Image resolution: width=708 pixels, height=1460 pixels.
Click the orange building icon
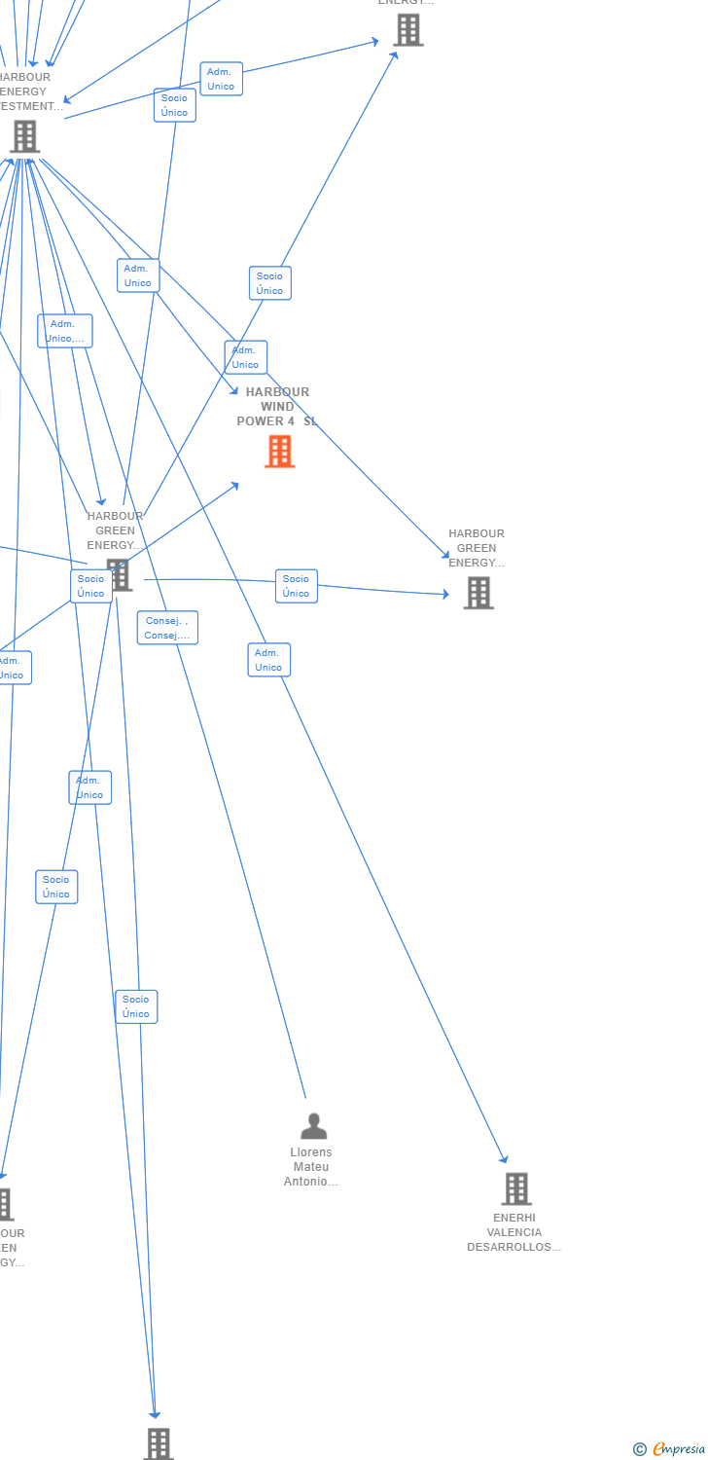tap(279, 451)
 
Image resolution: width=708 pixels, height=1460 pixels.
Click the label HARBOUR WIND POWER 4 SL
tap(277, 407)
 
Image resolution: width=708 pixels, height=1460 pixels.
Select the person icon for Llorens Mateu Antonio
tap(313, 1126)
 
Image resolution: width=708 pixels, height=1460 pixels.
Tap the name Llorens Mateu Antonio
tap(311, 1167)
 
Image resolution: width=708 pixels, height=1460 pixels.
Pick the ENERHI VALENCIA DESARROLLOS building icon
tap(515, 1188)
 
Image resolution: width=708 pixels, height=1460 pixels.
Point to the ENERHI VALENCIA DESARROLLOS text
tap(514, 1232)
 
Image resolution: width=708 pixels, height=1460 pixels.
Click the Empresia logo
tap(678, 1449)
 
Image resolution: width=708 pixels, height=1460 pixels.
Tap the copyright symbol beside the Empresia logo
tap(639, 1449)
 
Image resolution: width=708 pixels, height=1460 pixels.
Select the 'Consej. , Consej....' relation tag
tap(167, 628)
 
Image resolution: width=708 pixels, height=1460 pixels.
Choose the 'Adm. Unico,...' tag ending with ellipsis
tap(65, 331)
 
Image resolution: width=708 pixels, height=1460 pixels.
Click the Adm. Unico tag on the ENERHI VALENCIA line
tap(268, 660)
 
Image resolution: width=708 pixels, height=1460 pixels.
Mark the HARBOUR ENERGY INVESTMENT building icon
tap(23, 137)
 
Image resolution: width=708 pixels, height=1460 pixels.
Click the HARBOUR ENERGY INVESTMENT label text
tap(23, 91)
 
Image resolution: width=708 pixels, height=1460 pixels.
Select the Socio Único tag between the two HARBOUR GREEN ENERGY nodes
tap(296, 586)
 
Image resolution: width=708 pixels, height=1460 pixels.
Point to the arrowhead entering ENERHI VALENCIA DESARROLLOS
tap(505, 1159)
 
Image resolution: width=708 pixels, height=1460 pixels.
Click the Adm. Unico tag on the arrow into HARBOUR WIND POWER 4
tap(137, 275)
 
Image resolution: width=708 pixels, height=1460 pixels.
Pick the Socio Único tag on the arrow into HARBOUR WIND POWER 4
tap(90, 586)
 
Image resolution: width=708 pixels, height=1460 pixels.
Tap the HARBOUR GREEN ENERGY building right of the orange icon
tap(478, 593)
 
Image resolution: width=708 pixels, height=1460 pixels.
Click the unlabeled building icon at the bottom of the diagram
tap(159, 1443)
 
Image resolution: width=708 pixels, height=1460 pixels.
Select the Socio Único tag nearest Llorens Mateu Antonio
tap(136, 1006)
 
